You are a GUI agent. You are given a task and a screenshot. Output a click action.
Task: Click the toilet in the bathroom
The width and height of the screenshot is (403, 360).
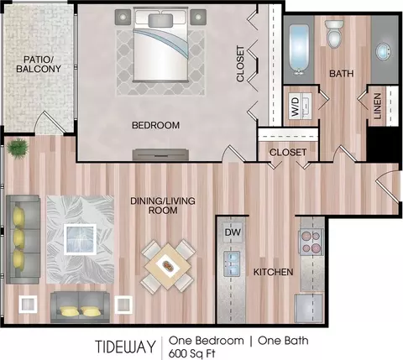(x=334, y=34)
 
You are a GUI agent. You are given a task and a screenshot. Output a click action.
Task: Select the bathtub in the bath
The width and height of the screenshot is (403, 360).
(x=299, y=50)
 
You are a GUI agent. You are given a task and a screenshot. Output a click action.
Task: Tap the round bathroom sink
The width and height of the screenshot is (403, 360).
(x=383, y=52)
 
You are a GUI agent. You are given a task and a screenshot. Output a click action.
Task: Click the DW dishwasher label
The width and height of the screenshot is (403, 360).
(x=233, y=232)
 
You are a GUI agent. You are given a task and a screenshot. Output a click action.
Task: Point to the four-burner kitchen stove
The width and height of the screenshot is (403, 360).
(x=311, y=241)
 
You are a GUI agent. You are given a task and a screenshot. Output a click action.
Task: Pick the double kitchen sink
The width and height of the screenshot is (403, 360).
(x=232, y=263)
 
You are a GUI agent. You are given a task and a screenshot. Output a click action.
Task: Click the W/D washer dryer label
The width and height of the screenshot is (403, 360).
(x=296, y=107)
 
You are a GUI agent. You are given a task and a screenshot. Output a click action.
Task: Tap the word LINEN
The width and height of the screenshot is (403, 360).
(x=377, y=106)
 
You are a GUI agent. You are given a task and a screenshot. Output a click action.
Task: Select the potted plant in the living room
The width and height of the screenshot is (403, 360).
(x=18, y=148)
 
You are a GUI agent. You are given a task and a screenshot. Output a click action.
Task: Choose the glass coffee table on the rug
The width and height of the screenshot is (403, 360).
(x=80, y=239)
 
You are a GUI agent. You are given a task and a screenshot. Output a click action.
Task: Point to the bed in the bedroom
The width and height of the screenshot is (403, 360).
(x=160, y=44)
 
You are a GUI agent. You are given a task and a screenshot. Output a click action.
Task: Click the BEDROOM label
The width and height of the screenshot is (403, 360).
(x=156, y=125)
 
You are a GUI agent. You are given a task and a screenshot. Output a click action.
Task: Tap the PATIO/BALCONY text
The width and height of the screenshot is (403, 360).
(x=39, y=64)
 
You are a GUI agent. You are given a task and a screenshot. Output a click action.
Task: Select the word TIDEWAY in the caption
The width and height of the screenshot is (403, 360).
(x=125, y=347)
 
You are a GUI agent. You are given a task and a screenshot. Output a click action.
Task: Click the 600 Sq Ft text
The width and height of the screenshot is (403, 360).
(x=192, y=353)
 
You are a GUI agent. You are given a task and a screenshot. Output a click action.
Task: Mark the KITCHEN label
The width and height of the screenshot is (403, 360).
(x=273, y=272)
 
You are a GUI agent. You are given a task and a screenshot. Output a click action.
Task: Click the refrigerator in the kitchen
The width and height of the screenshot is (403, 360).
(x=309, y=308)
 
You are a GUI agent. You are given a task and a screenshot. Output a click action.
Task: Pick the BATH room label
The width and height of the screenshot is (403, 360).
(x=342, y=74)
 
